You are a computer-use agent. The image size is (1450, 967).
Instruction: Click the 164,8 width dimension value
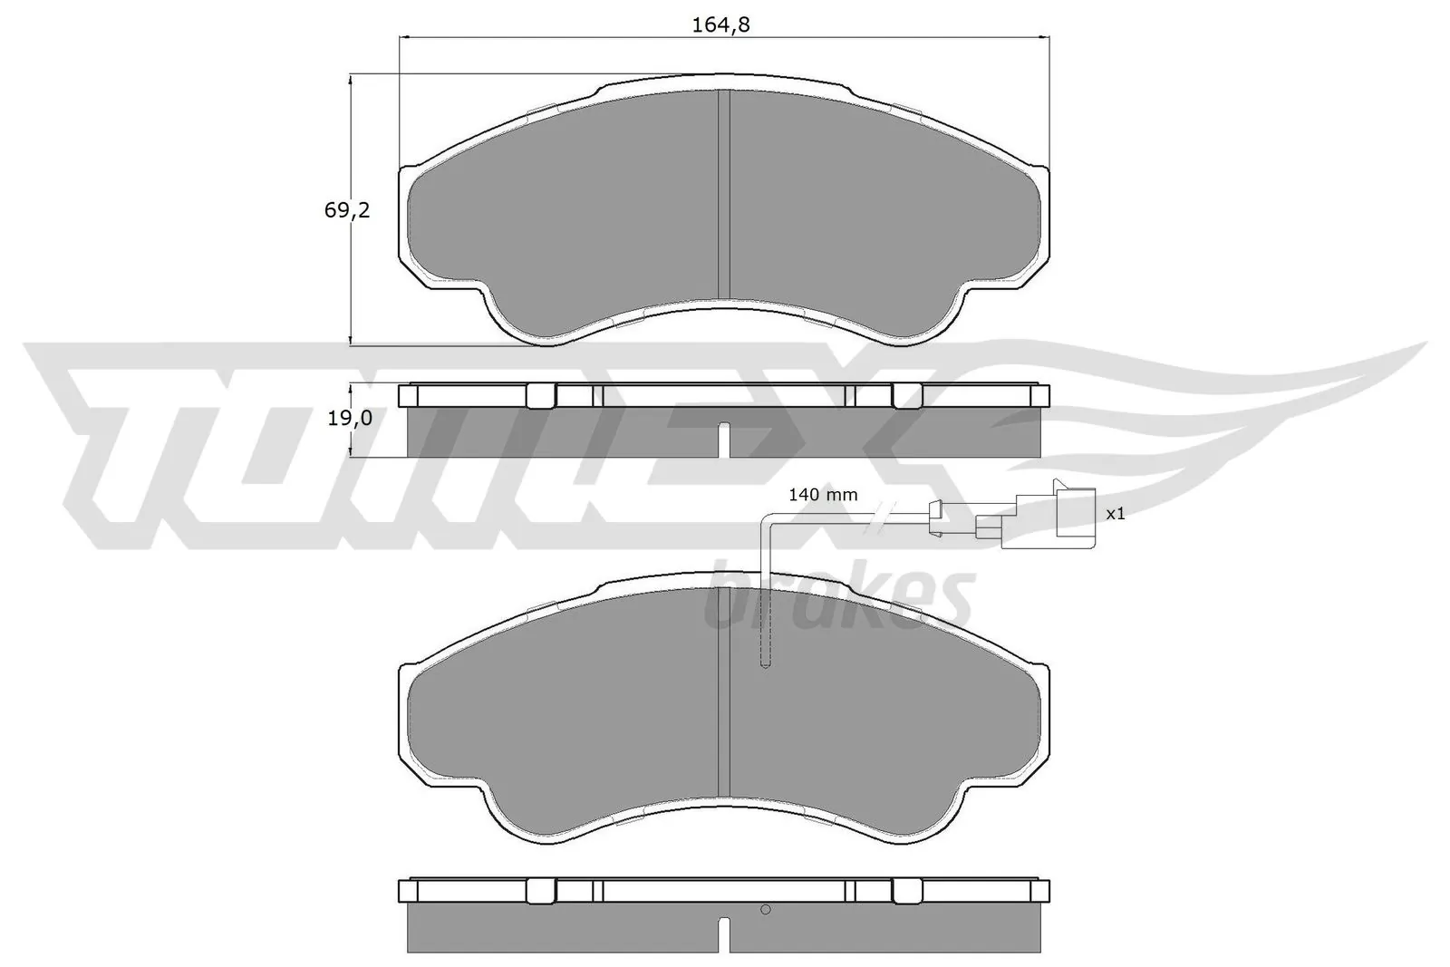click(x=721, y=25)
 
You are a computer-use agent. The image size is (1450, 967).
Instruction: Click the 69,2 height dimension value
click(x=347, y=210)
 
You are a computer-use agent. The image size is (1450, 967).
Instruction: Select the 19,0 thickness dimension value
click(x=348, y=418)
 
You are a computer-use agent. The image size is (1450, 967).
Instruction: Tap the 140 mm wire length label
click(x=822, y=495)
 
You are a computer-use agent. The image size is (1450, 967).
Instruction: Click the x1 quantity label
click(x=1116, y=514)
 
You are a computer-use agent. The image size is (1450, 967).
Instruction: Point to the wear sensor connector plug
click(x=1057, y=517)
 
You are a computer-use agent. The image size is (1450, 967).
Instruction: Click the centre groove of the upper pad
click(x=723, y=195)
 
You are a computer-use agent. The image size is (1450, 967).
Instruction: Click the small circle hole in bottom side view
click(x=765, y=910)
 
